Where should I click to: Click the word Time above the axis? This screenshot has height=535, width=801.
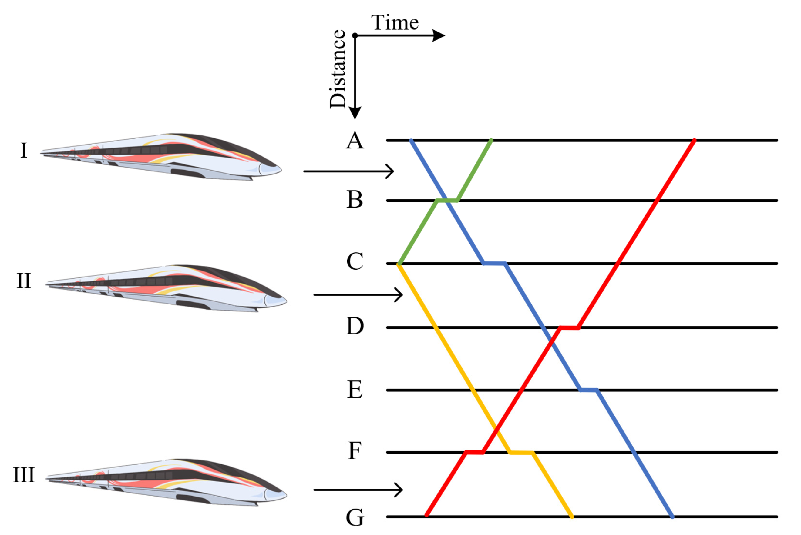[395, 22]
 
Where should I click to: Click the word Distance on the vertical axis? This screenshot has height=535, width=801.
[338, 69]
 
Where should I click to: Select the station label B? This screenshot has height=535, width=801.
[355, 199]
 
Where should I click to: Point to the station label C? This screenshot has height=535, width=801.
[355, 261]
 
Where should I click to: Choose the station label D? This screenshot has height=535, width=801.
[355, 326]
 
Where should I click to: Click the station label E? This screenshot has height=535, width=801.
[355, 389]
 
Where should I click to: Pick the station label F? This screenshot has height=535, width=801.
[355, 451]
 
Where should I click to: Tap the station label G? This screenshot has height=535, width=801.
[355, 518]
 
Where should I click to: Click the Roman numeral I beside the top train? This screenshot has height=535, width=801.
[24, 150]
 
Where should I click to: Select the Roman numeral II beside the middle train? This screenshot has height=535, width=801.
[24, 281]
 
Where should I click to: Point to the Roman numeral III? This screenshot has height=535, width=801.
[24, 475]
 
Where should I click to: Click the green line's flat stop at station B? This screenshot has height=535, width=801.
[447, 201]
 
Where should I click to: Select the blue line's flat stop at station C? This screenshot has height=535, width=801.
[494, 263]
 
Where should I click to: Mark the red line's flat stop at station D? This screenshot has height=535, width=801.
[569, 328]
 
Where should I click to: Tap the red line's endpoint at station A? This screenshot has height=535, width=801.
[695, 140]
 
